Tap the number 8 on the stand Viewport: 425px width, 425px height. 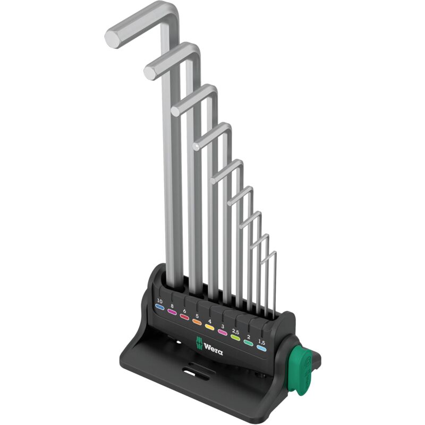[172, 307]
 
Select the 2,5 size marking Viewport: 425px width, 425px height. [236, 331]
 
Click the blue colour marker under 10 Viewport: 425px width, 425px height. [159, 308]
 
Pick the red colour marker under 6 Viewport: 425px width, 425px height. [184, 317]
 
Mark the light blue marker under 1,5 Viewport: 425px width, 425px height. [261, 348]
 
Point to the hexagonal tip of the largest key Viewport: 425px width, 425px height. [114, 38]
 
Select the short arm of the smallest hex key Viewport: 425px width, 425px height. [269, 256]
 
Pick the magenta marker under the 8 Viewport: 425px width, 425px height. [172, 313]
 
